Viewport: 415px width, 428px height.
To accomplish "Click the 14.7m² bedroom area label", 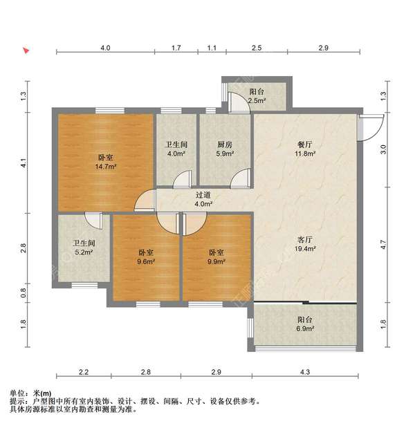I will (105, 167).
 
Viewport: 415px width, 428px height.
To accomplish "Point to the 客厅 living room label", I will (306, 239).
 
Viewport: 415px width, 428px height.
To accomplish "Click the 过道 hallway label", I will (203, 195).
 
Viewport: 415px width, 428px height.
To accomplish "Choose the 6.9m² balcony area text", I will (306, 330).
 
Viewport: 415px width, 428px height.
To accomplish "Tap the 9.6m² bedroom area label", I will (146, 262).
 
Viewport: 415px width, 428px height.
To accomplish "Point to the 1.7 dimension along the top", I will (176, 48).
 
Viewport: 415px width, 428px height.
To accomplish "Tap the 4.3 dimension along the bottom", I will (305, 373).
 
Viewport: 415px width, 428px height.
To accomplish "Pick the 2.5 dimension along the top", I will (256, 48).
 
